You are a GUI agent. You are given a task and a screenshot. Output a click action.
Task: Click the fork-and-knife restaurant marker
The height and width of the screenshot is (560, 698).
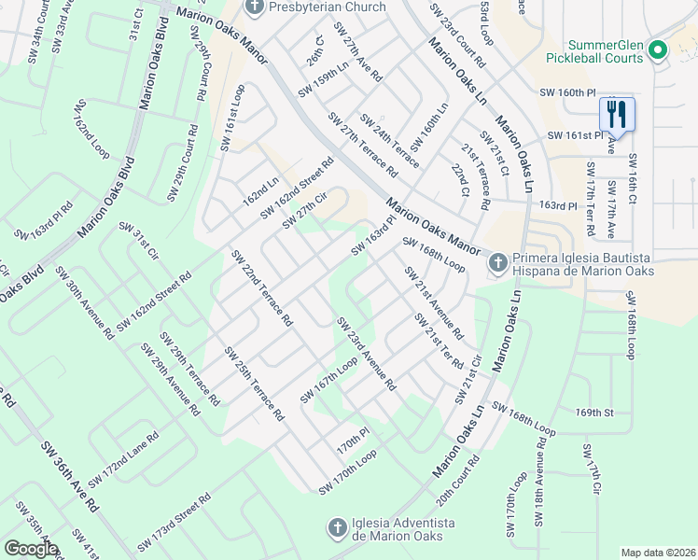(x=617, y=115)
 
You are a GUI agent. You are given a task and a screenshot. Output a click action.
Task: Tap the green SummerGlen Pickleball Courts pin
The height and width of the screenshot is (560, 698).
(x=658, y=50)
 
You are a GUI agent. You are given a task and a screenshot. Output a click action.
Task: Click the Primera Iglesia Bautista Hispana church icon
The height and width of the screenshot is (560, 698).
(x=497, y=264)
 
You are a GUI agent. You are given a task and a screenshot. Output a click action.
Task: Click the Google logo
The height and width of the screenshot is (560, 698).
(x=31, y=549)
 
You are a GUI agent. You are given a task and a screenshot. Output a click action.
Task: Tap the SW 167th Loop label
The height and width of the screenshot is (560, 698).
(x=328, y=384)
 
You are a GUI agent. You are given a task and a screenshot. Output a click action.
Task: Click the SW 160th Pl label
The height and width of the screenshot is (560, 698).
(x=567, y=92)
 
